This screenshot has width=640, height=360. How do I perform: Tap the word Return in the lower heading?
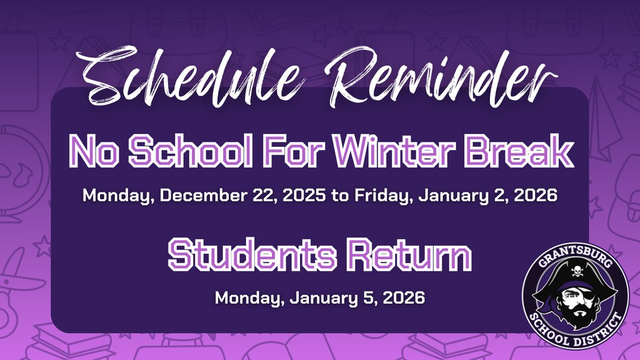(x=406, y=255)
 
